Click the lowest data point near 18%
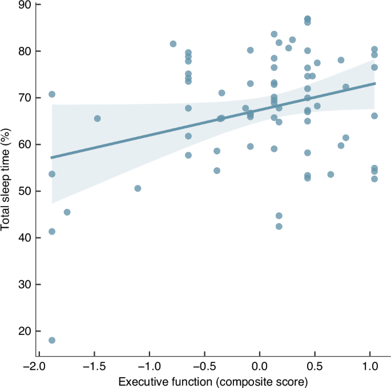(x=52, y=340)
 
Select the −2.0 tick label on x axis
(x=36, y=366)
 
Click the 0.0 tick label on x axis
(x=260, y=366)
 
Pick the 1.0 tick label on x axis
(x=371, y=366)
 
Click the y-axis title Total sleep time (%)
(x=7, y=171)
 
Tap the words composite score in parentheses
(x=265, y=381)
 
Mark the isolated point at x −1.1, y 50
(x=138, y=188)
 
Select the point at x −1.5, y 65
(x=97, y=119)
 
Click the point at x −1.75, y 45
(x=67, y=212)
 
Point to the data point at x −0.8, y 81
(x=173, y=44)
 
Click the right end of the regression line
(x=375, y=83)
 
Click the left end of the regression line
(x=52, y=157)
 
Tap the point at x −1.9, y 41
(x=52, y=232)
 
